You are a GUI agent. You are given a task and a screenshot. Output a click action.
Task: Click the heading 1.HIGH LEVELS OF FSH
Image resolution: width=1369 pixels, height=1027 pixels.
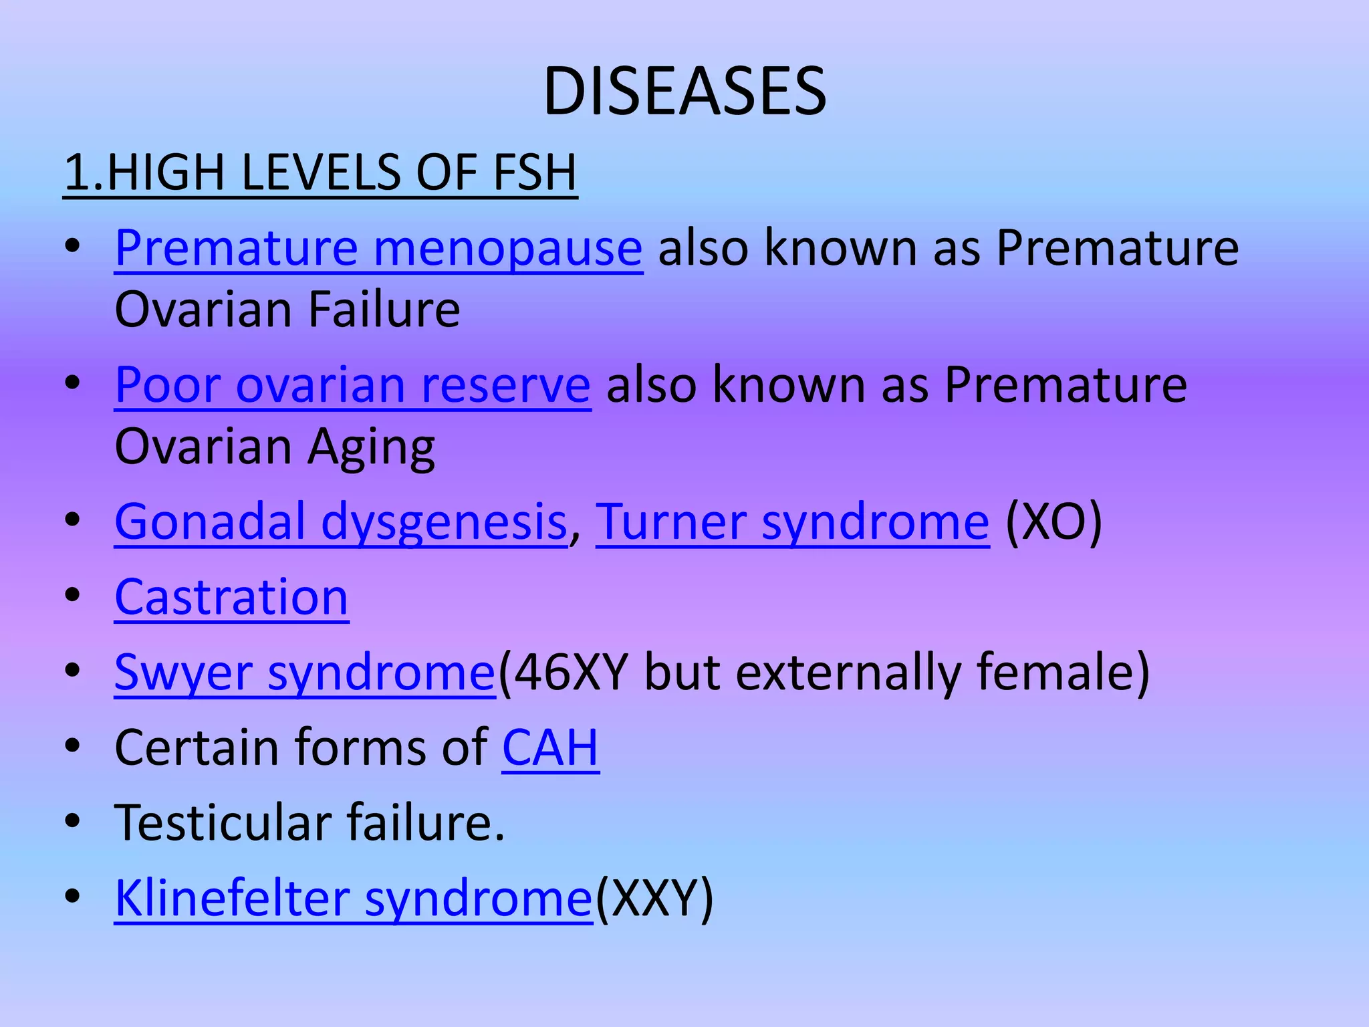[320, 173]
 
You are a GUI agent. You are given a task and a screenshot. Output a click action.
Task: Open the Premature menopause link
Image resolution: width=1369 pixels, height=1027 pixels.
[378, 248]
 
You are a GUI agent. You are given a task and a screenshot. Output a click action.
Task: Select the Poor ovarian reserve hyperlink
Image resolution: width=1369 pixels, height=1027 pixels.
[352, 385]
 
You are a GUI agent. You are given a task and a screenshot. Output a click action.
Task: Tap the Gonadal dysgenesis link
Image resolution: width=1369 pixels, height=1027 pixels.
[341, 522]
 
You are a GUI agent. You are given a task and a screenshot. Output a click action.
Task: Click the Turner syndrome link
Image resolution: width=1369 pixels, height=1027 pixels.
[792, 522]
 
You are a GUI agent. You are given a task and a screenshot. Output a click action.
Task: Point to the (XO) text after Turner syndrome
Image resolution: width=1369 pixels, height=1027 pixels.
[1053, 522]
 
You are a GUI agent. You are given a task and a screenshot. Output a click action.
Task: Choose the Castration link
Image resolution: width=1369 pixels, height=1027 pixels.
[231, 596]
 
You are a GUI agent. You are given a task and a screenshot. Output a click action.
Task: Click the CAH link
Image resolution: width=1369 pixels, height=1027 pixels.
[550, 747]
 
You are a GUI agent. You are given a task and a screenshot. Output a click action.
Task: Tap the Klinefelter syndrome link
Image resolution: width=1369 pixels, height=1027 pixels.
[353, 897]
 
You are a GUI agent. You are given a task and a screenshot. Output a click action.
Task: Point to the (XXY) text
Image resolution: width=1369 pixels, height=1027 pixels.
[654, 897]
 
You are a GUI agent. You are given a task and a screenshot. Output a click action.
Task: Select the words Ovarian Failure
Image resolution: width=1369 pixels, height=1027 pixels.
[287, 310]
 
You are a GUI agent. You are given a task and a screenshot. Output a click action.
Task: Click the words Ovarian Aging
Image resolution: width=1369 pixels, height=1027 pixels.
[275, 447]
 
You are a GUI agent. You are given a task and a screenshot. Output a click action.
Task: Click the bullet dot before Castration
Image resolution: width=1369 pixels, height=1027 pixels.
[73, 595]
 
